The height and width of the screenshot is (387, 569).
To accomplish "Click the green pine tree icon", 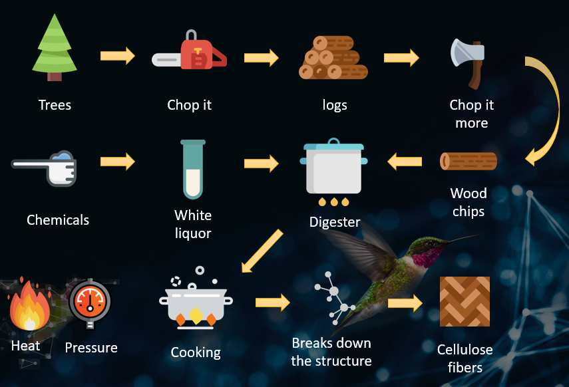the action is (55, 48).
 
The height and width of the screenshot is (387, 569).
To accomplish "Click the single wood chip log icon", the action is (469, 162).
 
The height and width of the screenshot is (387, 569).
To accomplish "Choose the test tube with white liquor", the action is (193, 170).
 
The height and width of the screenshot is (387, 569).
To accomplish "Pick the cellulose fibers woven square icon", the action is (465, 301).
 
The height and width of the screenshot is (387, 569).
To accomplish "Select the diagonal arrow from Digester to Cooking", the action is (262, 251).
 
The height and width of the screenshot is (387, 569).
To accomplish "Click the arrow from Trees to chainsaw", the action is (118, 55).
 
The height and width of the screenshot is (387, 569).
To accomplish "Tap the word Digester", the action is (335, 222).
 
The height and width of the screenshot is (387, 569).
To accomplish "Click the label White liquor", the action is (193, 224).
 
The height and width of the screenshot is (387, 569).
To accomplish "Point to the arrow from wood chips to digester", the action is (405, 161).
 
